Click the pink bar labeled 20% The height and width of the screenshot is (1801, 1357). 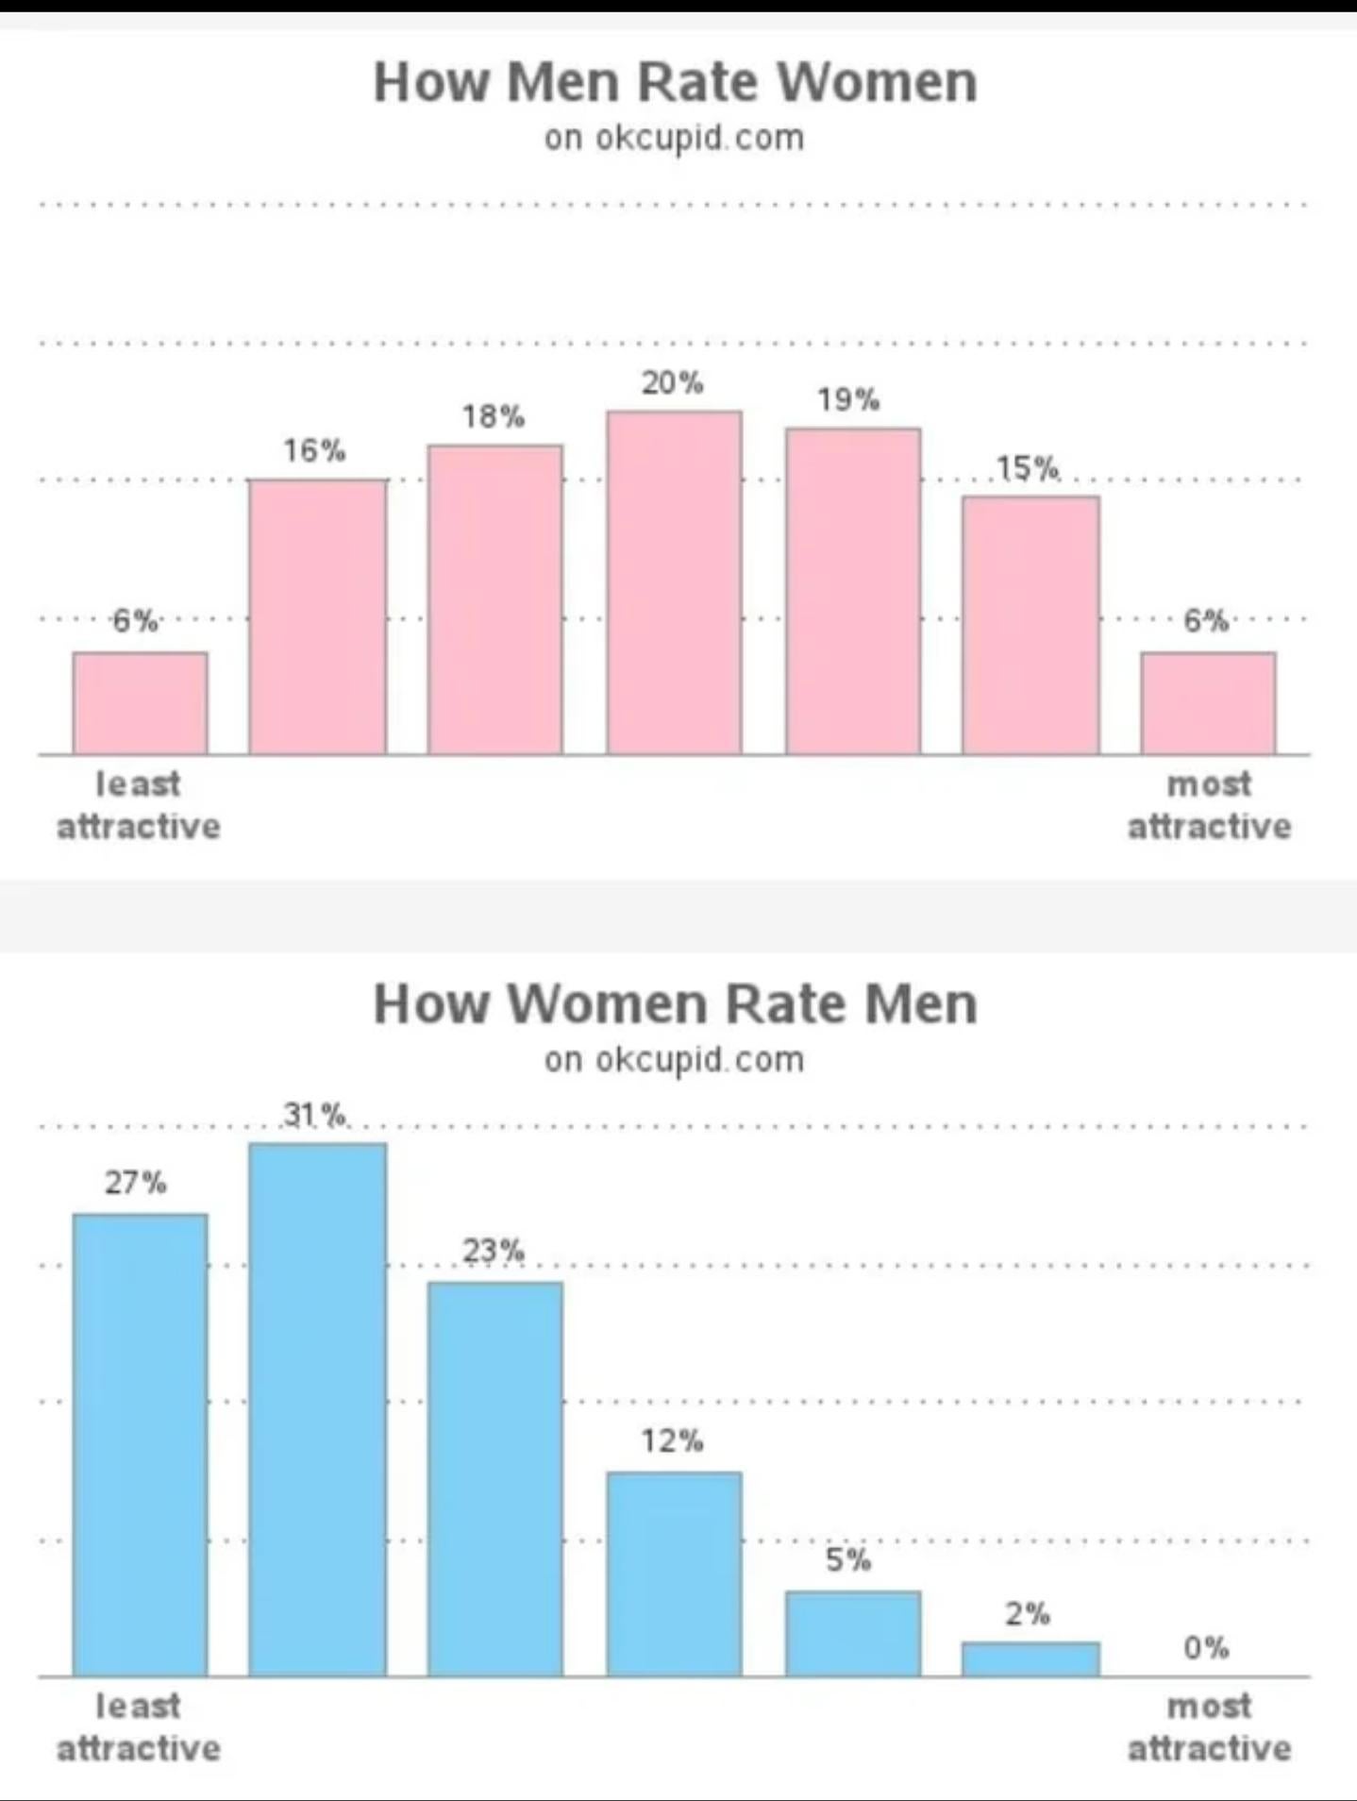(674, 582)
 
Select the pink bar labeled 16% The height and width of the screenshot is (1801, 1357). (317, 616)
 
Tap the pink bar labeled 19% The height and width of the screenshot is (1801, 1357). (853, 591)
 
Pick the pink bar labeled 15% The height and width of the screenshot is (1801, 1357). (1030, 625)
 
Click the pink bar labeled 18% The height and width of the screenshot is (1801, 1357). (495, 599)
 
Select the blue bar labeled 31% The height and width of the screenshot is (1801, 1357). (317, 1409)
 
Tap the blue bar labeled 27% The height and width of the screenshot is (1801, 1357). (140, 1445)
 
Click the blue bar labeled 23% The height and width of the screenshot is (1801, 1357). (495, 1479)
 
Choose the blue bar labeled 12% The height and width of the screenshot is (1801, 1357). (674, 1574)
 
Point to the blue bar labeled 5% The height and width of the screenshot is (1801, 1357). (853, 1634)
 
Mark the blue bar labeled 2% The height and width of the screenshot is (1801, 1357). (1030, 1659)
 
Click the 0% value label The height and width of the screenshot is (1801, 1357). (1206, 1648)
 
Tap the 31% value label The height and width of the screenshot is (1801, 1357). (314, 1115)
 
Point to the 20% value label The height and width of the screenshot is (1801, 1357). (673, 382)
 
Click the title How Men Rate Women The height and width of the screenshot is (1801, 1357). (676, 82)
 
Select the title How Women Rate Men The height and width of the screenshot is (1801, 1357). (676, 1003)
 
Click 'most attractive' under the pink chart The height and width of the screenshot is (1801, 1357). (1210, 805)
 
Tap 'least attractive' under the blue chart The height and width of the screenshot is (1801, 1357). (139, 1727)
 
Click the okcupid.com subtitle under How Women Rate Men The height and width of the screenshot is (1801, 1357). (674, 1059)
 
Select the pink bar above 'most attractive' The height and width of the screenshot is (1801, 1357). (1208, 702)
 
